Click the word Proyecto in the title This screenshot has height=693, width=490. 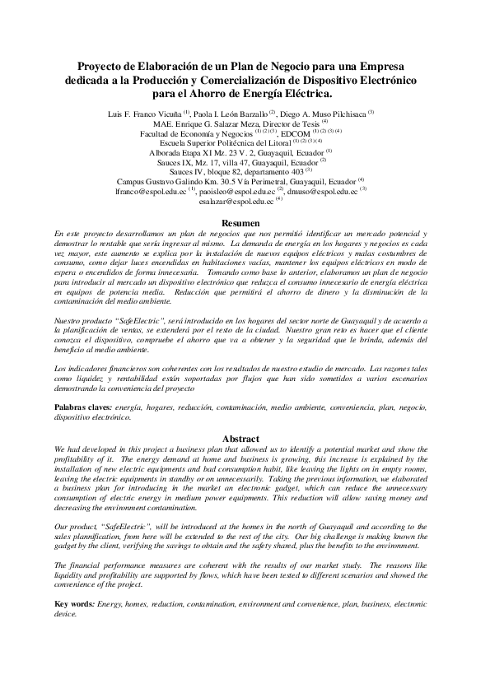tap(104, 65)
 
